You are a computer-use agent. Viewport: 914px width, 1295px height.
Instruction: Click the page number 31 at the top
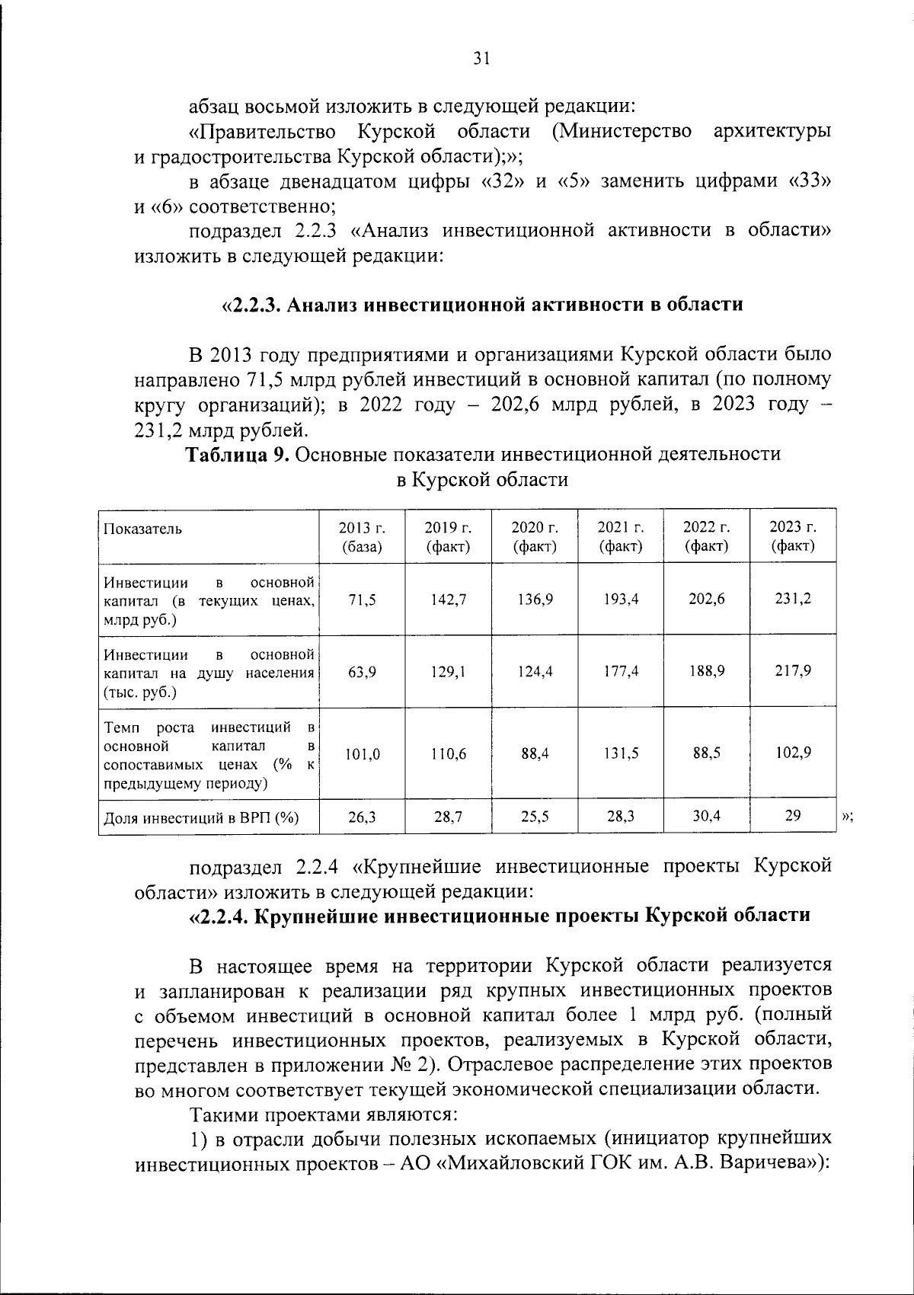coord(481,59)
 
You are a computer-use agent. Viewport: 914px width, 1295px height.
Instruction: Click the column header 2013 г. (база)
coord(362,536)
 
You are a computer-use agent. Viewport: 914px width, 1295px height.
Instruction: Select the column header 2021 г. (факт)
coord(621,536)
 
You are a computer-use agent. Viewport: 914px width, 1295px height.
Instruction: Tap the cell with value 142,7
coord(448,600)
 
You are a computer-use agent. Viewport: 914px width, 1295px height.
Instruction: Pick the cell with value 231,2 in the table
coord(793,599)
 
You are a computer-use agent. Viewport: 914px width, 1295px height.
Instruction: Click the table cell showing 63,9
coord(362,672)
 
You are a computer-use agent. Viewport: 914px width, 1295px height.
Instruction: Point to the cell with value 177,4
coord(621,672)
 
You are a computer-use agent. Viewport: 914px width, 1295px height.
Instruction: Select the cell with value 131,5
coord(621,753)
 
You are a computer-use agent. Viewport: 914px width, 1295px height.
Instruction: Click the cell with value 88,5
coord(707,753)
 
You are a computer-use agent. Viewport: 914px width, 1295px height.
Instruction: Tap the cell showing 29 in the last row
coord(793,816)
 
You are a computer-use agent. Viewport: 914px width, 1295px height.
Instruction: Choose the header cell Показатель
coord(143,529)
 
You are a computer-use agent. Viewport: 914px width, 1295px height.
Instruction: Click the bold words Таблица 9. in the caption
coord(238,455)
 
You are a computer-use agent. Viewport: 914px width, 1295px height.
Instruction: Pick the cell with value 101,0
coord(362,754)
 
